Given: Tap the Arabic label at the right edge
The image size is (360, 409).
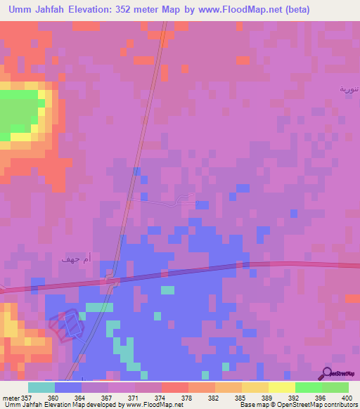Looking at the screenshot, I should [349, 89].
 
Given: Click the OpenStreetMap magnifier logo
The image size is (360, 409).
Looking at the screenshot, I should [327, 372].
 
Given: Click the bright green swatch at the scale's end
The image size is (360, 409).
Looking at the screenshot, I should [335, 387].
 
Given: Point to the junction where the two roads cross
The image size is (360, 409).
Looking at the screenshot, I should [112, 280].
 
